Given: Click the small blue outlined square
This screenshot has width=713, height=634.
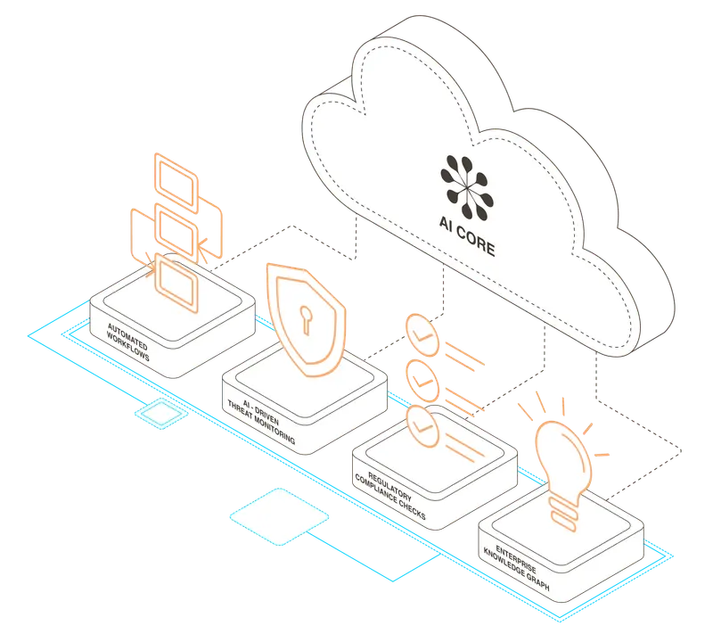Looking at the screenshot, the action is [x=160, y=415].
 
